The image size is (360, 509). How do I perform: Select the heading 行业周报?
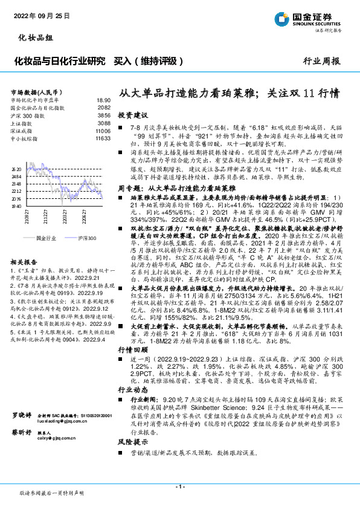tap(321, 61)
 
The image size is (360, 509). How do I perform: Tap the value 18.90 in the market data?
tap(103, 99)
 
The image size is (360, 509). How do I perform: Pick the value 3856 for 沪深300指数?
tap(104, 115)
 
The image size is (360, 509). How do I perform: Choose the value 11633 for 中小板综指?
tap(103, 138)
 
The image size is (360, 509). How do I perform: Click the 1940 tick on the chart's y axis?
tap(16, 206)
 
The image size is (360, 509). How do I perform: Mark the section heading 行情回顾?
tap(132, 351)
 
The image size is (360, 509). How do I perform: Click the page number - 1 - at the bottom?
tap(179, 487)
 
